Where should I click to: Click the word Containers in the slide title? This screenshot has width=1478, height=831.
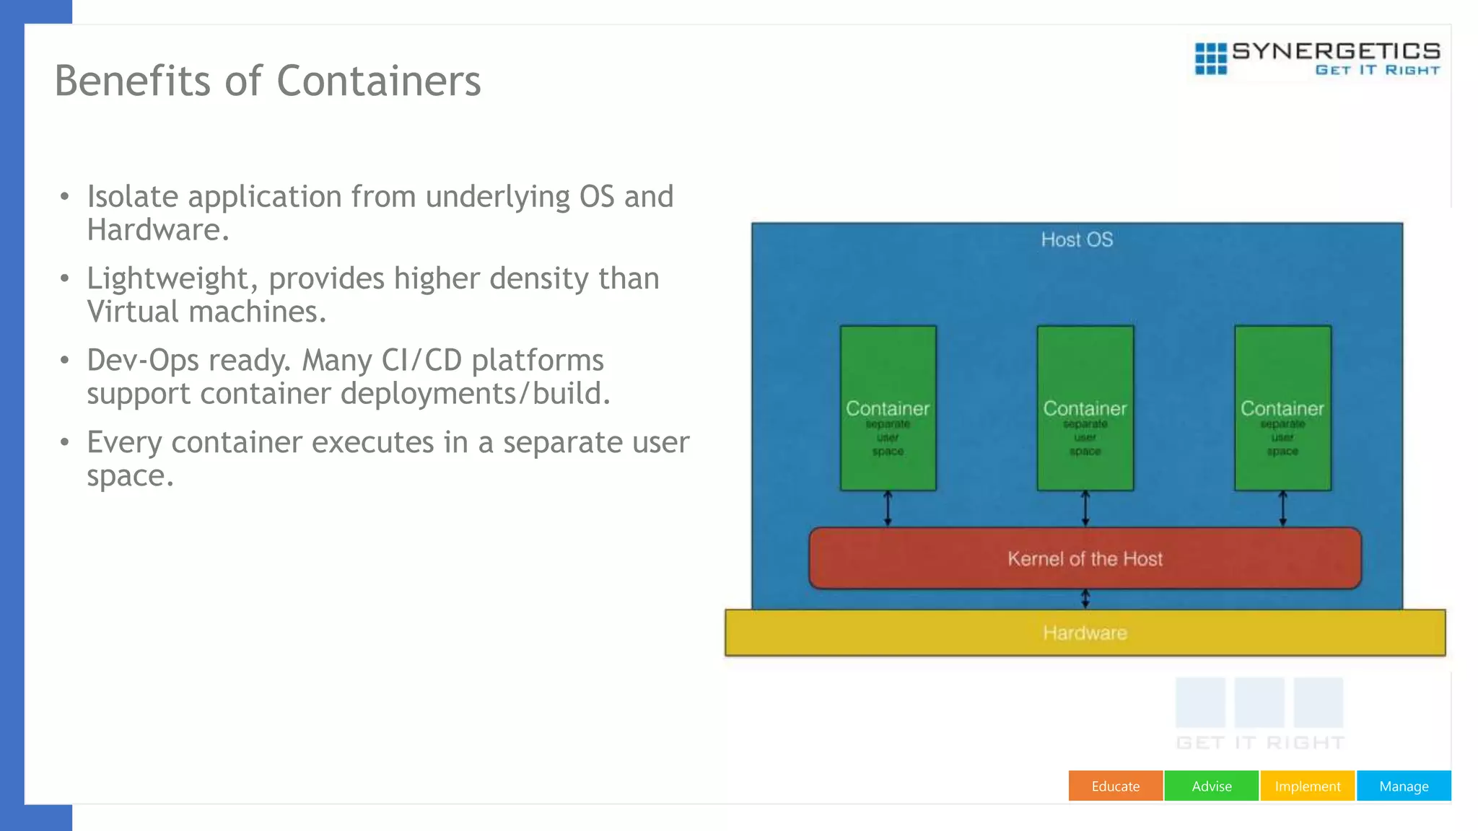(x=378, y=81)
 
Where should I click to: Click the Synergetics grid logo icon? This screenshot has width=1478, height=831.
(x=1210, y=58)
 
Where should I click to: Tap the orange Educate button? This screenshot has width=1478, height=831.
(x=1115, y=786)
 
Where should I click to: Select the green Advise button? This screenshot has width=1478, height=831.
(x=1211, y=786)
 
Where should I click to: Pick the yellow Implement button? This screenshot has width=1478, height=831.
(x=1307, y=786)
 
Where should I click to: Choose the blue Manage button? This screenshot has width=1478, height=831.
(x=1403, y=786)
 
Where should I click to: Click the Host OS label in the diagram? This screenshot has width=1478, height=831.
(x=1077, y=239)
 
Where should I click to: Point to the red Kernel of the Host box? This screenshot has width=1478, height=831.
(x=1085, y=558)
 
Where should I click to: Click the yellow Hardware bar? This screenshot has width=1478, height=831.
(x=1085, y=633)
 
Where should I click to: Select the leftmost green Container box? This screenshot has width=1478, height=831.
(x=888, y=408)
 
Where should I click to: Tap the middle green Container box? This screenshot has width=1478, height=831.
(x=1085, y=408)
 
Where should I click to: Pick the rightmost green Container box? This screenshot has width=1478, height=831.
(x=1282, y=408)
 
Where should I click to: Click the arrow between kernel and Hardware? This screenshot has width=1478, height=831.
(x=1085, y=599)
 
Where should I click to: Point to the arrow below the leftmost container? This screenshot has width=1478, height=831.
(x=888, y=509)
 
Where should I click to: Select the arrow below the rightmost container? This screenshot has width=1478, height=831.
(x=1282, y=509)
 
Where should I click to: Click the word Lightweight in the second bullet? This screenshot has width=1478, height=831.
(x=168, y=279)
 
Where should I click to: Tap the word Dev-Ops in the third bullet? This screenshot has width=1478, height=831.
(x=142, y=361)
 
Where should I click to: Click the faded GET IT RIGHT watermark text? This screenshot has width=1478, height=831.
(x=1260, y=742)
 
